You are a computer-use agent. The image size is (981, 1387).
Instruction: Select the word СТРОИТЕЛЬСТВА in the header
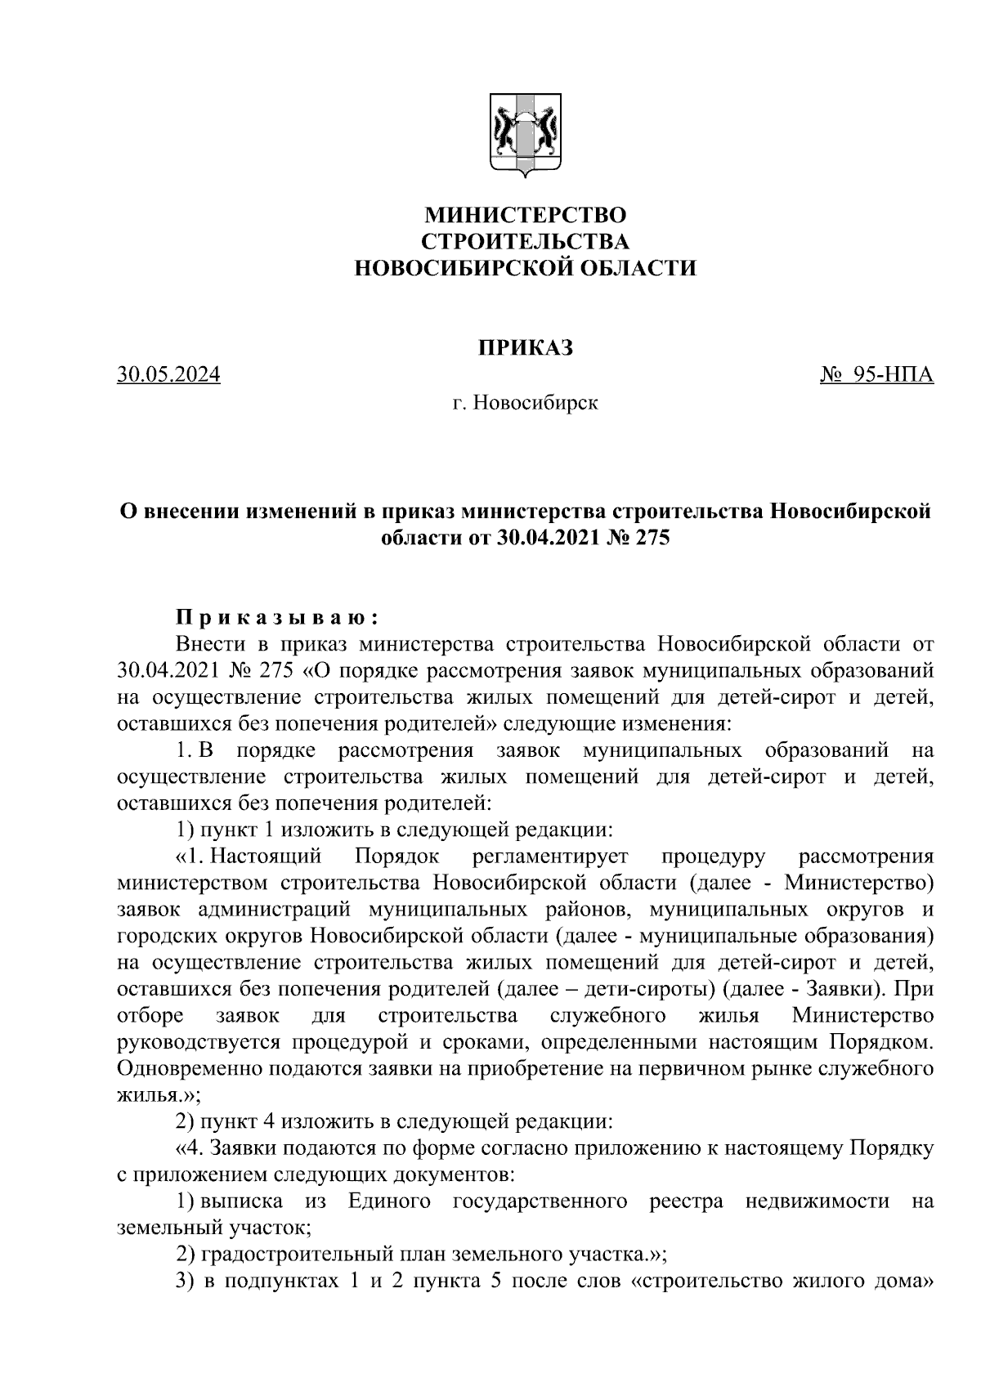coord(525,242)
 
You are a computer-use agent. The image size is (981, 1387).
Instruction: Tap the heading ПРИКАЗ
coord(525,348)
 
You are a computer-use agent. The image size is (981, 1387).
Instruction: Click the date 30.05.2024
coord(169,375)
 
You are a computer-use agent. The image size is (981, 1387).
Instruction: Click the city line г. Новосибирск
coord(525,403)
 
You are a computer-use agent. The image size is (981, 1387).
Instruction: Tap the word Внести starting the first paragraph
coord(209,644)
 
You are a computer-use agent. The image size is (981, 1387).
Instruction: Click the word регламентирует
coord(550,857)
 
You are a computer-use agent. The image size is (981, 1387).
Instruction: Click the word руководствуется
coord(204,1042)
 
